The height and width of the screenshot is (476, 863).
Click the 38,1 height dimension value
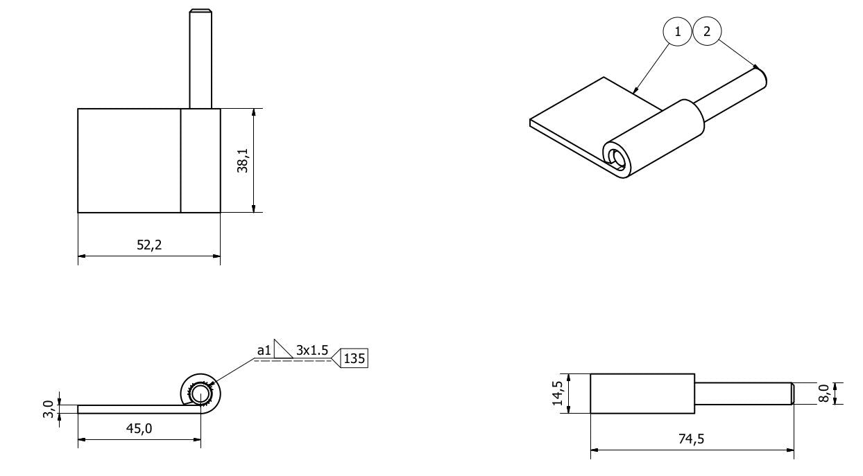point(242,161)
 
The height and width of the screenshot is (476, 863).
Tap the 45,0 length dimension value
point(139,428)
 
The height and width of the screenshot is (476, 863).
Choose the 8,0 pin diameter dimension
point(823,394)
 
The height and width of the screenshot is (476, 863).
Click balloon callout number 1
point(678,31)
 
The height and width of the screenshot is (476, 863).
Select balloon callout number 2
point(707,31)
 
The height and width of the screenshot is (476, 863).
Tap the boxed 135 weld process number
point(355,358)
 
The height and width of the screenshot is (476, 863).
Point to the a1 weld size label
point(264,351)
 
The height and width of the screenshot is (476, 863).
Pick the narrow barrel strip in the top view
point(200,160)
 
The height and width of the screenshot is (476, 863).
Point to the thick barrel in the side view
point(642,394)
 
